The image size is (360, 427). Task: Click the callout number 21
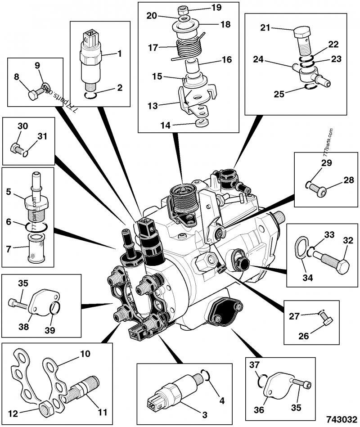coord(265,28)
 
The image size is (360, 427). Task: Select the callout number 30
coord(23,126)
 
